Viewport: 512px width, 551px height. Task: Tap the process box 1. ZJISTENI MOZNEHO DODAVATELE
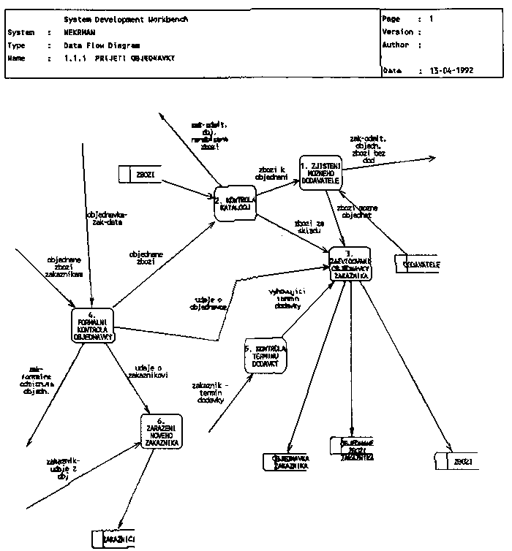click(320, 172)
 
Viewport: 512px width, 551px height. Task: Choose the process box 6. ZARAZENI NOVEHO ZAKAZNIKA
click(161, 431)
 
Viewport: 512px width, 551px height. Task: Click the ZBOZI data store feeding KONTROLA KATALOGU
click(140, 174)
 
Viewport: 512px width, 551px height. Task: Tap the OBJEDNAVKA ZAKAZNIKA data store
click(287, 462)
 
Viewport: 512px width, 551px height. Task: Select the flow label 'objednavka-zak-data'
click(107, 218)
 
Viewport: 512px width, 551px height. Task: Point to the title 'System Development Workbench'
click(125, 19)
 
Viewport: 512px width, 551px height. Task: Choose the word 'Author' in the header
click(396, 45)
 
